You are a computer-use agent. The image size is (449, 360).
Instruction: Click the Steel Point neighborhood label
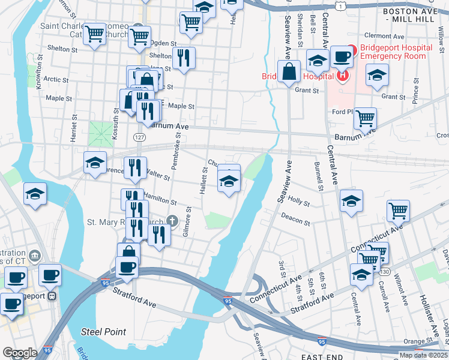pyautogui.click(x=104, y=332)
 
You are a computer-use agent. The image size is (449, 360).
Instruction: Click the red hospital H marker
pyautogui.click(x=342, y=76)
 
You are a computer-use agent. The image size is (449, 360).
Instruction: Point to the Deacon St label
pyautogui.click(x=295, y=220)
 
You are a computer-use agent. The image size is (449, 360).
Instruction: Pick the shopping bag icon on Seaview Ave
pyautogui.click(x=289, y=71)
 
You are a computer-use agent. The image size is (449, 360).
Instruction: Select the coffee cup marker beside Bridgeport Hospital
pyautogui.click(x=341, y=57)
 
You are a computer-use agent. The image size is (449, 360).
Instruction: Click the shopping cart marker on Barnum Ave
pyautogui.click(x=364, y=118)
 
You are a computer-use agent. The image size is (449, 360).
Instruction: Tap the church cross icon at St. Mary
pyautogui.click(x=173, y=220)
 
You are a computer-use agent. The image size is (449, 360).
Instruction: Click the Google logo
pyautogui.click(x=19, y=353)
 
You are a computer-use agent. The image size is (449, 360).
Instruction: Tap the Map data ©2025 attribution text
pyautogui.click(x=424, y=355)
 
